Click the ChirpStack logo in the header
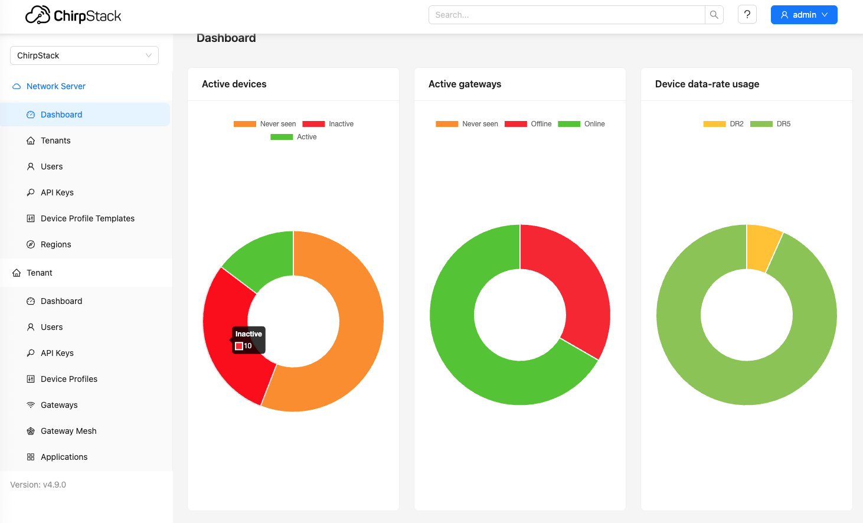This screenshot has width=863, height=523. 73,15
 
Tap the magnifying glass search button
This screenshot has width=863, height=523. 714,15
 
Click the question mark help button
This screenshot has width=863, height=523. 747,15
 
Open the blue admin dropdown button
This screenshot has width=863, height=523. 803,15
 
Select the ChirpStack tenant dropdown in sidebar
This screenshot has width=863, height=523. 84,55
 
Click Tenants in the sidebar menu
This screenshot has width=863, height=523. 55,140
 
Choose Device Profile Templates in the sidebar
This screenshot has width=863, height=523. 87,218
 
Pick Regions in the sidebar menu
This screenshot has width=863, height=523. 55,244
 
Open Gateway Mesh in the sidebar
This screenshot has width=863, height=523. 68,431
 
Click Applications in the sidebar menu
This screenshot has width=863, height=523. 64,457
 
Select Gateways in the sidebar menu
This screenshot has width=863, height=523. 59,405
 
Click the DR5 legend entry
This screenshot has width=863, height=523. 770,124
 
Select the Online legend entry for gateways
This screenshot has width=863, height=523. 581,124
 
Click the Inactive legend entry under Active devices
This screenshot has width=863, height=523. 328,124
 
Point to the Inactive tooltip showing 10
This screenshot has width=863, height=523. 249,340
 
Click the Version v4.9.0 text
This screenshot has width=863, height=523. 38,485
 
